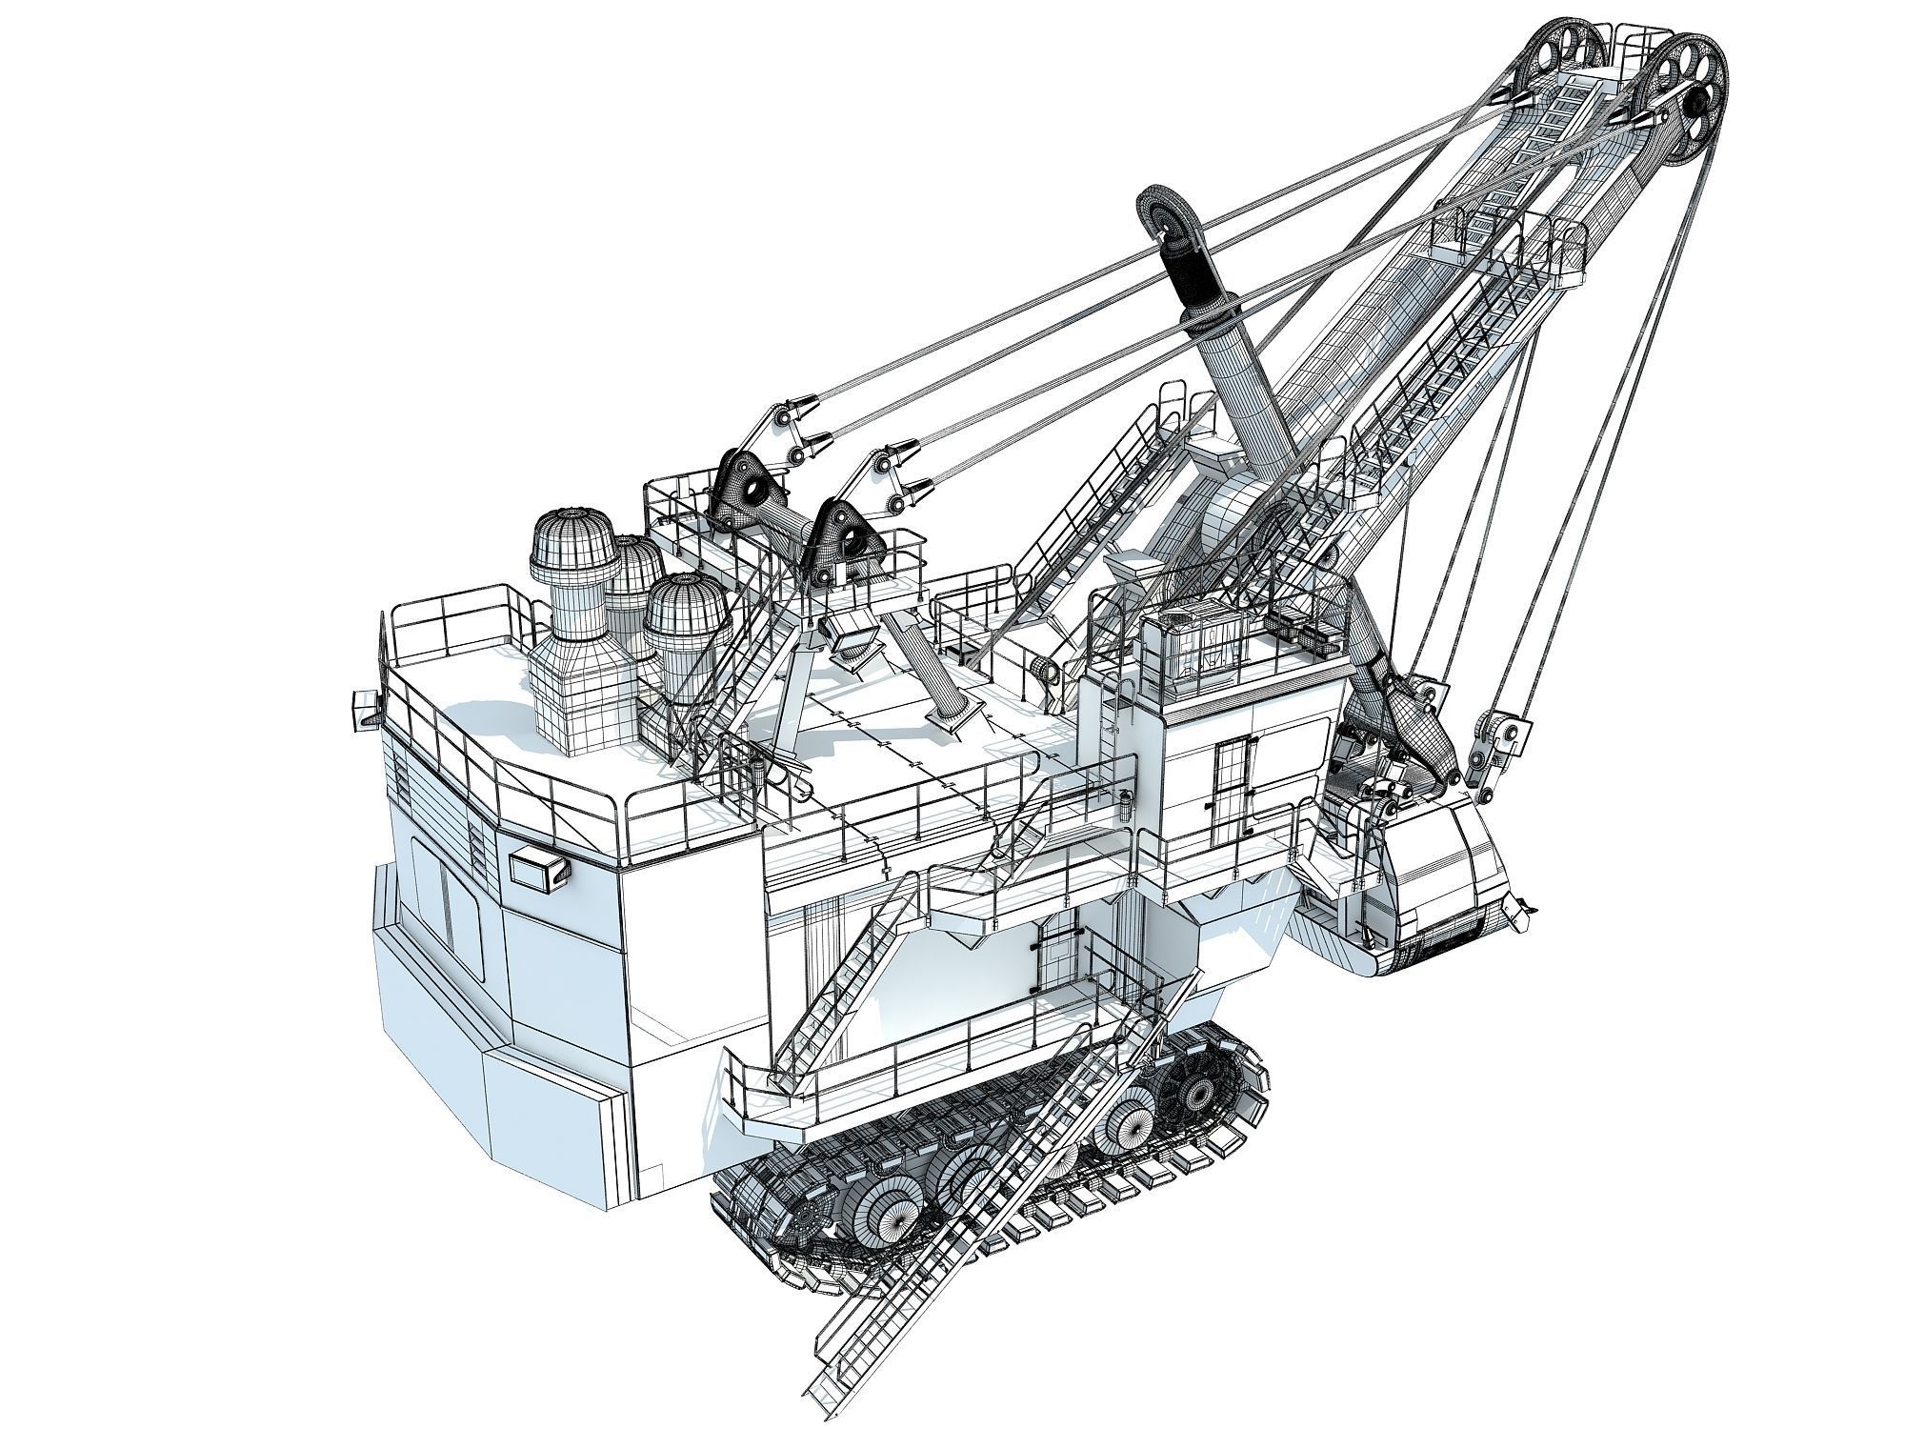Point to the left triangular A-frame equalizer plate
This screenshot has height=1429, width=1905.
(752, 491)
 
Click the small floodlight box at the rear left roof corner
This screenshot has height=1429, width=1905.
(366, 710)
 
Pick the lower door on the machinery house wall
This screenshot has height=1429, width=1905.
(1055, 962)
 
